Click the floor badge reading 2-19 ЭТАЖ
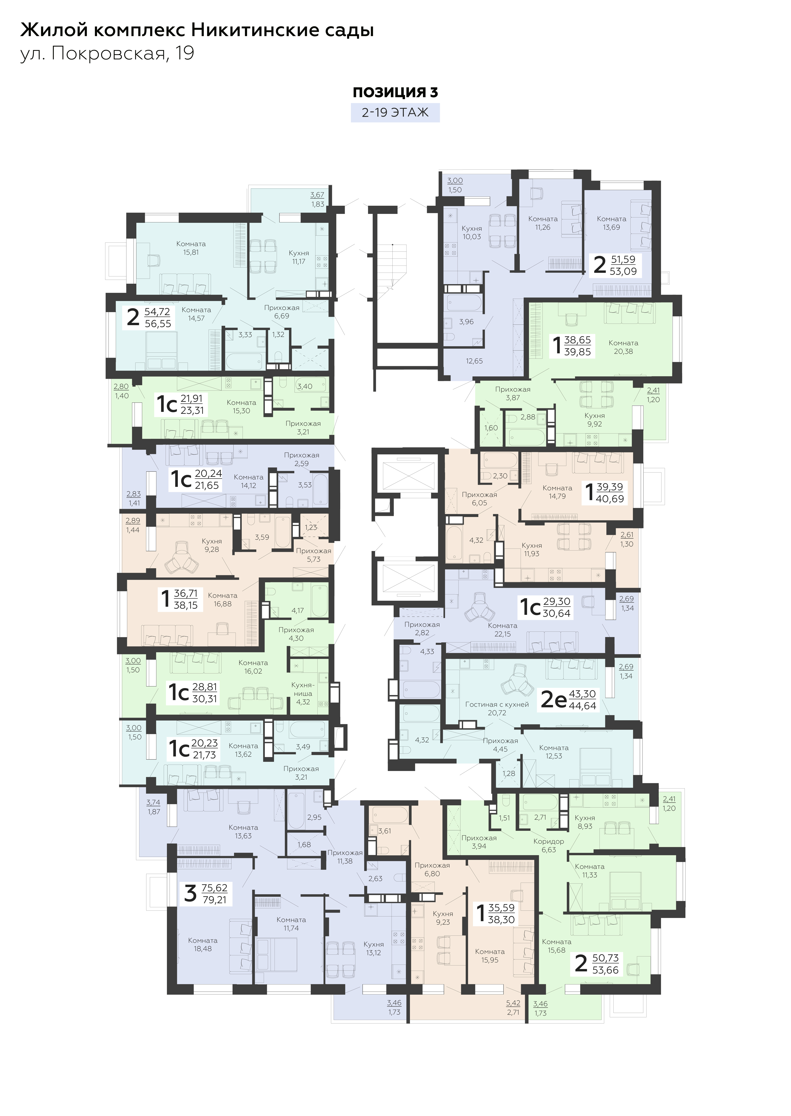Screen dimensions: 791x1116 pos(395,113)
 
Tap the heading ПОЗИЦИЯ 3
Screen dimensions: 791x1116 pos(395,92)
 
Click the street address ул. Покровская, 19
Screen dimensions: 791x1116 pos(107,53)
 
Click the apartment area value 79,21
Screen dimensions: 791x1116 pos(214,900)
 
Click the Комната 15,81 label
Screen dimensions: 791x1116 pos(191,248)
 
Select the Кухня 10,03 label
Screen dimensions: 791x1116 pos(471,232)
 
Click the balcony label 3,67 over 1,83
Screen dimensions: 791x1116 pos(318,200)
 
